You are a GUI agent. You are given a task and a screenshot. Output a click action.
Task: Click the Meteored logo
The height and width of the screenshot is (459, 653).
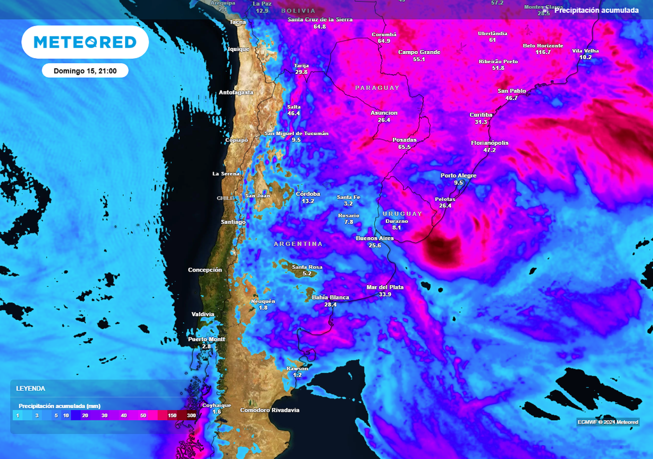(85, 42)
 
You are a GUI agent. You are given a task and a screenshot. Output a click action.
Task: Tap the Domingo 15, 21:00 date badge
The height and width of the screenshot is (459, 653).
(85, 70)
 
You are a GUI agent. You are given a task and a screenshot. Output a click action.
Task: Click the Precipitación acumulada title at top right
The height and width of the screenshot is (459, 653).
(596, 10)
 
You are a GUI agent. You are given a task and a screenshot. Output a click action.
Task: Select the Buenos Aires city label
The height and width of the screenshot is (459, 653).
(374, 238)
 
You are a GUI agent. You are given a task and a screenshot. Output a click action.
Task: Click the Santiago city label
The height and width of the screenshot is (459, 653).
(233, 222)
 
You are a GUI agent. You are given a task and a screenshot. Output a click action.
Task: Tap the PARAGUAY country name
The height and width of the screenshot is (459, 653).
(377, 87)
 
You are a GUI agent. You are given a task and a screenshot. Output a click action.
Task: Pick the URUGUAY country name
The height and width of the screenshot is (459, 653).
(402, 213)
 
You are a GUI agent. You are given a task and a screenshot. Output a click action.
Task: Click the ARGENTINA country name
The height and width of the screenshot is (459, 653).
(298, 244)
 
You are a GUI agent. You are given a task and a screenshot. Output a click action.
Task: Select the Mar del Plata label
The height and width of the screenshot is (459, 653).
(385, 288)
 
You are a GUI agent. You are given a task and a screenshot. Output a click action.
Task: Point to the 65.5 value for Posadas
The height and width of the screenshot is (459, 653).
(404, 147)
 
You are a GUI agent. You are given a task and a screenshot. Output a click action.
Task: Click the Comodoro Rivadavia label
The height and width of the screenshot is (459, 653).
(269, 410)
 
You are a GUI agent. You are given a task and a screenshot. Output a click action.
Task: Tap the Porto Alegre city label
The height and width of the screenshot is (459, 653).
(459, 175)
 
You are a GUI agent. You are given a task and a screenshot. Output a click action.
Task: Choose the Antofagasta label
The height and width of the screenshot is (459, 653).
(236, 92)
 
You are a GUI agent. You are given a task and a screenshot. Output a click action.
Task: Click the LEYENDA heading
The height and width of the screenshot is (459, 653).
(31, 388)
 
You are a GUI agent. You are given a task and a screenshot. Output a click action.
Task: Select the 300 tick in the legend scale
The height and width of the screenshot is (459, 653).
(191, 415)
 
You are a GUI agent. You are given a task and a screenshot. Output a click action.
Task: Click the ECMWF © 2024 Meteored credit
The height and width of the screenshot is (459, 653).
(608, 422)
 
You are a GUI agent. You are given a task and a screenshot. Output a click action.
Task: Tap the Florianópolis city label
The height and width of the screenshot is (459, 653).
(489, 143)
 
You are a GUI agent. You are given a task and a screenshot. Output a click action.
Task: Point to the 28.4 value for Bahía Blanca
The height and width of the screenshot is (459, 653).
(330, 305)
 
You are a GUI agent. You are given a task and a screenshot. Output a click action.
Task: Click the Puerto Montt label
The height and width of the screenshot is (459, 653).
(207, 339)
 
